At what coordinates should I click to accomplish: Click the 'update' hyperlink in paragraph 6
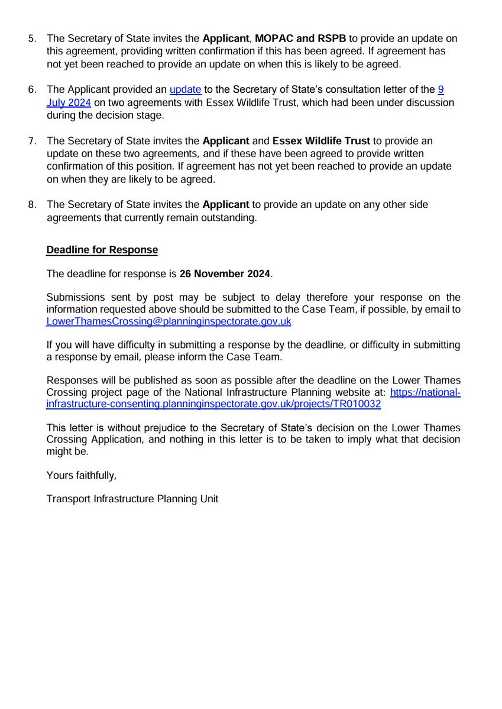(186, 90)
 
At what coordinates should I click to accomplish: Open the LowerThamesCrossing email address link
(169, 322)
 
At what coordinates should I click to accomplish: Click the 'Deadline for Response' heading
(102, 249)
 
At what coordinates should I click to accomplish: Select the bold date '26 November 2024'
(225, 274)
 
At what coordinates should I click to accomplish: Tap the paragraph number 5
(33, 38)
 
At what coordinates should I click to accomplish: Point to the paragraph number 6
(33, 90)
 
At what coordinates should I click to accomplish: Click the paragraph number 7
(33, 141)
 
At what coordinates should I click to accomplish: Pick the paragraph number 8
(33, 204)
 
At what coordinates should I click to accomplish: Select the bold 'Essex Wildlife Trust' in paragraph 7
(321, 141)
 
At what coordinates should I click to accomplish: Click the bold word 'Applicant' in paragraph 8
(226, 204)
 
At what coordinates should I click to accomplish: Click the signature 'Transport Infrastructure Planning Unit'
(132, 499)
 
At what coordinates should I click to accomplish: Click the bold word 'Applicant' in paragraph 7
(226, 141)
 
